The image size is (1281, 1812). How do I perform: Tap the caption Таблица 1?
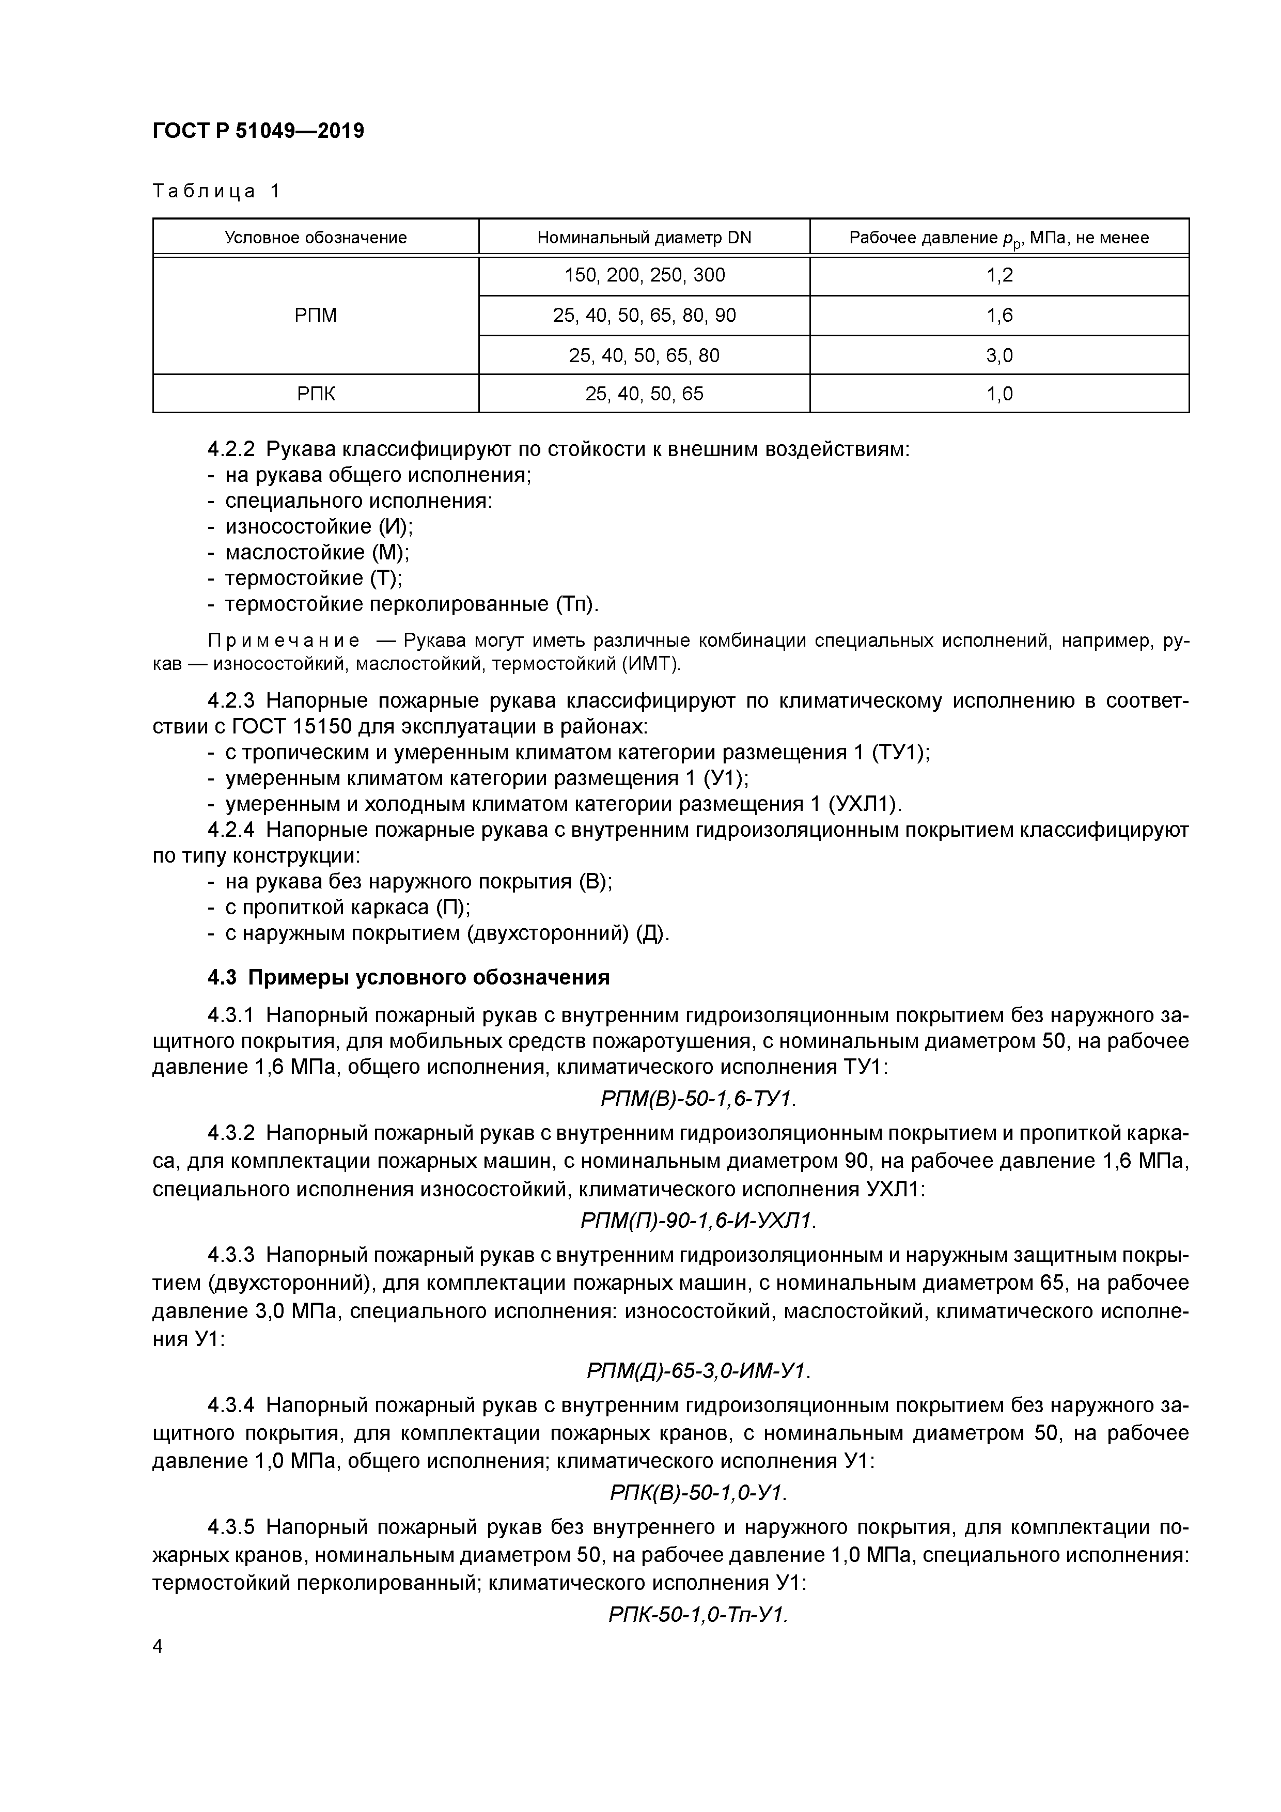pos(216,191)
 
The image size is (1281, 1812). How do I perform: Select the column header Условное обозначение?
pos(316,238)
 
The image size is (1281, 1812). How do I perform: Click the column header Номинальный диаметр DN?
pos(644,238)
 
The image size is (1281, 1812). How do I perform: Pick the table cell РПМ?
pos(316,316)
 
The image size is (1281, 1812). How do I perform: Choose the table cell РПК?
pos(316,394)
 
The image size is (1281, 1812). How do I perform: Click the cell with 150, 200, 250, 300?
pos(644,275)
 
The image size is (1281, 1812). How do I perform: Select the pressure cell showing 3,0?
pos(999,356)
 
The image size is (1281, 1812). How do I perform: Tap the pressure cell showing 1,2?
pos(999,275)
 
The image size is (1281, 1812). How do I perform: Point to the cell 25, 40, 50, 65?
pos(644,394)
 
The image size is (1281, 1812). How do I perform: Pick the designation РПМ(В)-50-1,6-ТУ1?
pos(698,1099)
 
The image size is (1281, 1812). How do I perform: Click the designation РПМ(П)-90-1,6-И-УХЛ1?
pos(698,1221)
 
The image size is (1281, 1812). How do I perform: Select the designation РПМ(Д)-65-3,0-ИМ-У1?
pos(698,1371)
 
